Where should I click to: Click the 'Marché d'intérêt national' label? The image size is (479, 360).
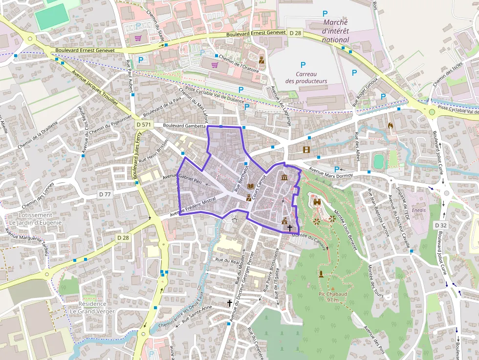(335, 31)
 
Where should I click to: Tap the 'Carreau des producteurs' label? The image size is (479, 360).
(306, 77)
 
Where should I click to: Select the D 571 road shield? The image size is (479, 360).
(143, 126)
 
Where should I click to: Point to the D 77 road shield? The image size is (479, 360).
(105, 194)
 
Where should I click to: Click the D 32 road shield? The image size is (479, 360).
(440, 225)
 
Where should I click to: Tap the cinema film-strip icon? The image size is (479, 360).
(306, 149)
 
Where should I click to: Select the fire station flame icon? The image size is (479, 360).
(390, 126)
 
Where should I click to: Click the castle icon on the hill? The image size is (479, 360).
(317, 201)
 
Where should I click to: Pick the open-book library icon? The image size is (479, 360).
(251, 187)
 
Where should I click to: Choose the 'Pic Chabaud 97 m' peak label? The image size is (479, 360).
(332, 296)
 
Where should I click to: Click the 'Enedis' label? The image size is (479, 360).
(419, 210)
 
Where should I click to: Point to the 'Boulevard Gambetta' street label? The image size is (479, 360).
(184, 126)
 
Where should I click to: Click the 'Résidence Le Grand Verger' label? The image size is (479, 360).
(92, 307)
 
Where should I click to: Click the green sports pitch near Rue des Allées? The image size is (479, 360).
(377, 161)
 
